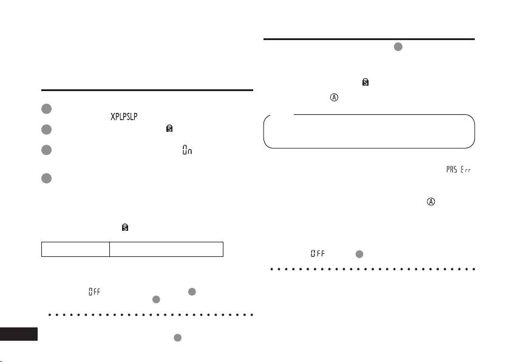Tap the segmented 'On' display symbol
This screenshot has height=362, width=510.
point(187,149)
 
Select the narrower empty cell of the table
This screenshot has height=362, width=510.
point(75,249)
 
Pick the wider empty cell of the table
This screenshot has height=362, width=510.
point(166,249)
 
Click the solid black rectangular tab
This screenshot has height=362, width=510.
point(19,334)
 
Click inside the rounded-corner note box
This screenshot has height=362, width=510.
point(369,132)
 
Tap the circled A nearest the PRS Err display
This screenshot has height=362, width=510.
point(431,202)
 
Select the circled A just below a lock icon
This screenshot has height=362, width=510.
point(333,97)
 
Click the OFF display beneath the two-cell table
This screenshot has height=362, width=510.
point(94,292)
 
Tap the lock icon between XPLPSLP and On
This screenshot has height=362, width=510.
point(169,129)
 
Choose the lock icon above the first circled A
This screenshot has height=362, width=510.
point(365,81)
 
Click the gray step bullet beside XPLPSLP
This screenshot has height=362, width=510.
point(47,109)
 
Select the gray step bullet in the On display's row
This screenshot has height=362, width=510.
point(47,149)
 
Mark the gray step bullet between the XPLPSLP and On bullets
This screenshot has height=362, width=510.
point(47,129)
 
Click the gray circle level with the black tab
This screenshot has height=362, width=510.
point(177,337)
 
